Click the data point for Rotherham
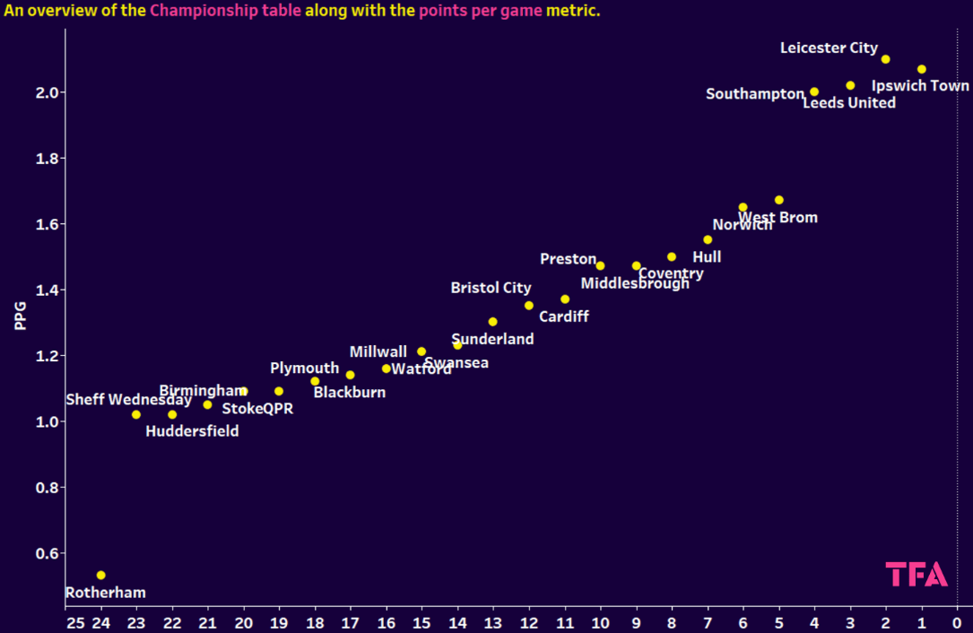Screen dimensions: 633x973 [100, 575]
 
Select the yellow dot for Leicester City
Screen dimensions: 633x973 [885, 59]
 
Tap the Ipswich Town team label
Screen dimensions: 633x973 [920, 86]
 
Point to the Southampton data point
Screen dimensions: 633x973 [814, 91]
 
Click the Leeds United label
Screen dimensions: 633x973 [848, 103]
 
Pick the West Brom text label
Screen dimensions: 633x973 [778, 217]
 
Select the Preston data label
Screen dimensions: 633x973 [568, 259]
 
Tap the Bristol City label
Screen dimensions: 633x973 [491, 288]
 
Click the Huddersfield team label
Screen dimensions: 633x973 [192, 431]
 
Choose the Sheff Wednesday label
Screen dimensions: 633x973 [128, 400]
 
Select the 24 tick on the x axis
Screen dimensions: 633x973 [100, 621]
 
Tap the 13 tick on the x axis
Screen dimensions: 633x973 [492, 621]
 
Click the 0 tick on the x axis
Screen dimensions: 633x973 [957, 621]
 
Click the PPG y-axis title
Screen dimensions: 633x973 [20, 316]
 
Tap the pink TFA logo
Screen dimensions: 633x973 [917, 574]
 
